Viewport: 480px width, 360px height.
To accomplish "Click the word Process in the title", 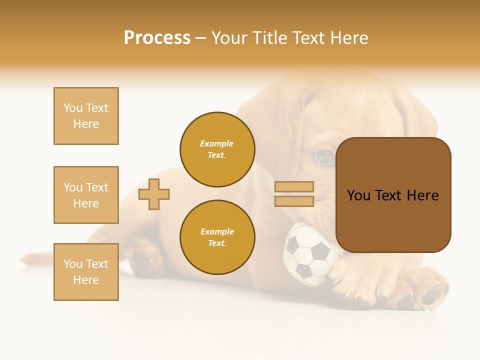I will click(157, 38).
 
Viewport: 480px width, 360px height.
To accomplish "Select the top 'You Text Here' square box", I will click(86, 116).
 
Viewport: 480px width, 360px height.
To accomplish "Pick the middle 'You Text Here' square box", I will click(86, 195).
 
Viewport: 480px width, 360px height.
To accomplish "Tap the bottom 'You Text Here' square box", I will click(86, 272).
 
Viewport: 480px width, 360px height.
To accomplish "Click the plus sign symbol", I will click(154, 194).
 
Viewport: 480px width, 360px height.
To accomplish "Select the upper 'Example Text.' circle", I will click(217, 149).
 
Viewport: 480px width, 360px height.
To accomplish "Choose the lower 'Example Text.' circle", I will click(217, 237).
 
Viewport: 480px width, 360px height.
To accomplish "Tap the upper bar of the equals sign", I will click(294, 186).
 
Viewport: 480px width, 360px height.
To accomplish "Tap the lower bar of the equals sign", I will click(294, 201).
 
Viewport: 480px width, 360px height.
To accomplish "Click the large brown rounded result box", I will click(393, 195).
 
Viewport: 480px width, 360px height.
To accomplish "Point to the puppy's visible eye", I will click(324, 157).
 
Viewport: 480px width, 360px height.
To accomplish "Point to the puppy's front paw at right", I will click(425, 292).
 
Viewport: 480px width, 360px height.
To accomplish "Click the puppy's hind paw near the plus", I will click(145, 257).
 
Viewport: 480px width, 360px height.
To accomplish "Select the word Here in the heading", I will click(348, 38).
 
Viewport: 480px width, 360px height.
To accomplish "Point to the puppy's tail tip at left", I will click(25, 260).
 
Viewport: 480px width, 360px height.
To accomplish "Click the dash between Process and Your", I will click(200, 38).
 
